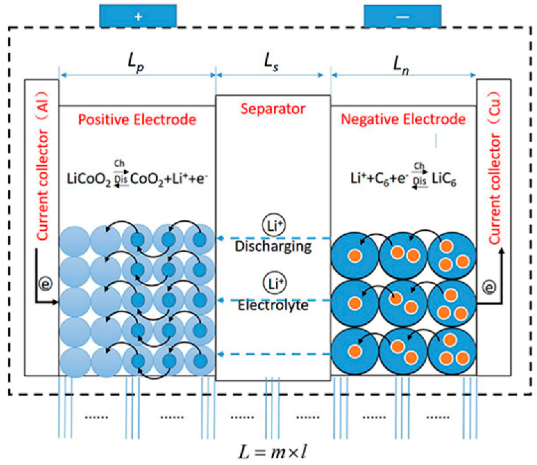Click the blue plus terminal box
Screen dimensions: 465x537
[138, 16]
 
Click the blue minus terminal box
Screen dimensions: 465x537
[402, 16]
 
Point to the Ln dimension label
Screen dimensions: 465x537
[401, 66]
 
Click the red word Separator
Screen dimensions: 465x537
[273, 109]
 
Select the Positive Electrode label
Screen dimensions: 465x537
[137, 120]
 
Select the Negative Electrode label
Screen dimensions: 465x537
[403, 119]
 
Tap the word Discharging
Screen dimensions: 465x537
[273, 246]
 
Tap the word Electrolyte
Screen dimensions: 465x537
[273, 305]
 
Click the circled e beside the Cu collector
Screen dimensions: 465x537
[489, 288]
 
